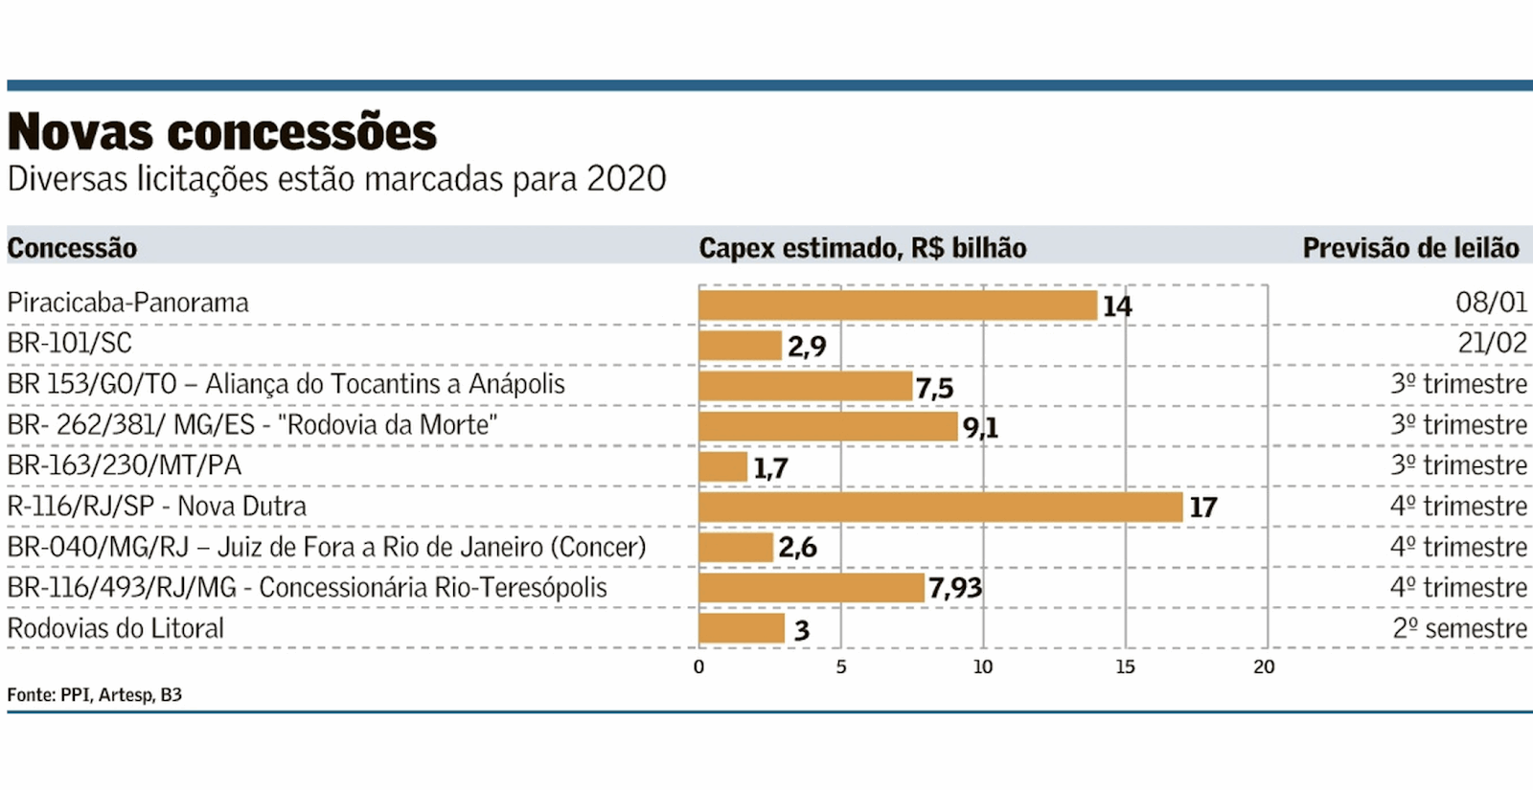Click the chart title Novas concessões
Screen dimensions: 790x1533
(x=222, y=132)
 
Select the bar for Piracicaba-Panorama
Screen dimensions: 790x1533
(x=897, y=305)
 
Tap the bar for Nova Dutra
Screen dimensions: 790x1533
(x=940, y=507)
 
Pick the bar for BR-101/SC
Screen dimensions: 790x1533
(x=740, y=345)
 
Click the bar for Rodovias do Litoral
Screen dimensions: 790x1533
(x=741, y=628)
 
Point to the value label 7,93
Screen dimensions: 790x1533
(x=955, y=588)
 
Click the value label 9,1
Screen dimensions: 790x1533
(x=980, y=427)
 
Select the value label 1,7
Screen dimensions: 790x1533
(x=770, y=468)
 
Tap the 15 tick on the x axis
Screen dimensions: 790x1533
(x=1125, y=666)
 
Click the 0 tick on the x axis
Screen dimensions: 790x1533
(x=698, y=666)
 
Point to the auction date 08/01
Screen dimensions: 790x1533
(x=1491, y=303)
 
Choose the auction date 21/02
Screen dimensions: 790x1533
(x=1492, y=343)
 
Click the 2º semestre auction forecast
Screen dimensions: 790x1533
(x=1459, y=628)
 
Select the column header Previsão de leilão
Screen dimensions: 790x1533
(x=1410, y=248)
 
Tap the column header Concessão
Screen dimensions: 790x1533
(x=72, y=248)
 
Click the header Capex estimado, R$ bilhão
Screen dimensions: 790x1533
(x=862, y=248)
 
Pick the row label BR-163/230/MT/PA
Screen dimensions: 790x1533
(x=125, y=465)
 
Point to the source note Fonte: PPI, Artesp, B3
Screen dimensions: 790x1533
(x=94, y=694)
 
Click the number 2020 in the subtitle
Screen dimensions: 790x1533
(x=626, y=179)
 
